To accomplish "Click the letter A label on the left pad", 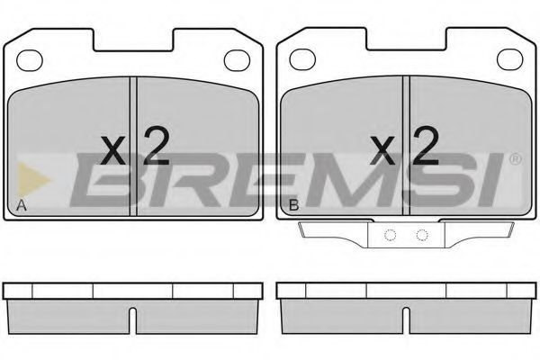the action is tap(22, 205).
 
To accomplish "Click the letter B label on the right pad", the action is tap(293, 205).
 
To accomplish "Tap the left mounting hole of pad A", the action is tap(30, 60).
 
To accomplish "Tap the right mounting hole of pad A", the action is tap(237, 60).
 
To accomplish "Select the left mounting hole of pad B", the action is tap(302, 59).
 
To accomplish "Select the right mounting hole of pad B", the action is tap(510, 59).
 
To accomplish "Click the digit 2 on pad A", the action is tap(157, 146).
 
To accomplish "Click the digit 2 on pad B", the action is tap(426, 145).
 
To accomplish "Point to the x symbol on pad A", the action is tap(113, 150).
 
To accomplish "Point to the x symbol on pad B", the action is tap(382, 150).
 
